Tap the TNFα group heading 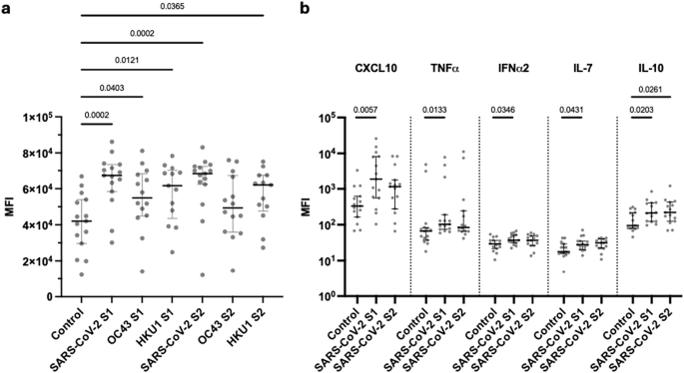[444, 70]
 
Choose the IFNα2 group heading [513, 70]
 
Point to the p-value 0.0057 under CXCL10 [365, 109]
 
